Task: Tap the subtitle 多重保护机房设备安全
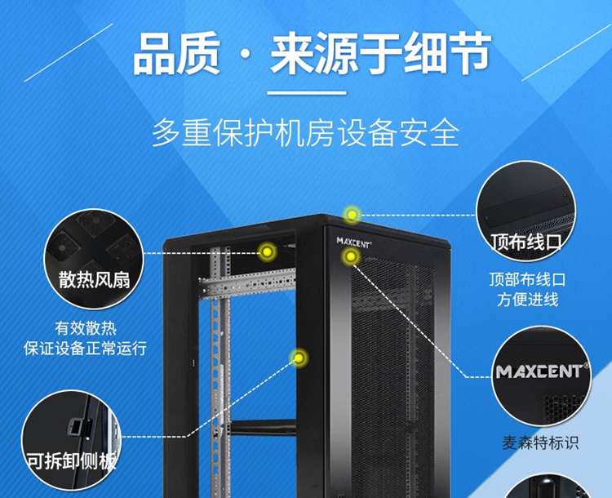pos(306,133)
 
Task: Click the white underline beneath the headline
pos(307,93)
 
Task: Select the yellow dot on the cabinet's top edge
pos(352,215)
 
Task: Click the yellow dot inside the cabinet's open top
pos(267,252)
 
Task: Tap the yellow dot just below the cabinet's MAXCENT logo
pos(351,256)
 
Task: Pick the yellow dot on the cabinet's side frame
pos(299,358)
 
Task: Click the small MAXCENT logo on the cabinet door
pos(354,242)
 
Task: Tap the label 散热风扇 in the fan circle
pos(94,280)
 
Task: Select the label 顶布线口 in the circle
pos(526,242)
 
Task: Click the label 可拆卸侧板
pos(72,461)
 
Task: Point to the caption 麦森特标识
pos(540,443)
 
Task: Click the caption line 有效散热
pos(86,328)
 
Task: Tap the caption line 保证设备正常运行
pos(85,348)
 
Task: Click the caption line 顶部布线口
pos(527,280)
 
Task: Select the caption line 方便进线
pos(527,300)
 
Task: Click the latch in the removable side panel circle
pos(75,426)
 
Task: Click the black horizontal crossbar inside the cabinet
pos(264,427)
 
